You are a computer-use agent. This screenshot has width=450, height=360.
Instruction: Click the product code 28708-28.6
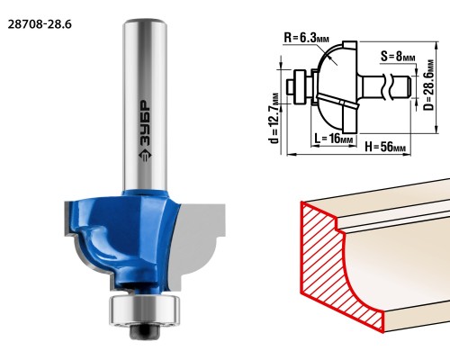point(40,24)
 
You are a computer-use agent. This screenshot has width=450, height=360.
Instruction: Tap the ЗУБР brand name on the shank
point(146,123)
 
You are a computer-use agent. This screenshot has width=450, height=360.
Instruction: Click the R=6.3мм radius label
point(306,38)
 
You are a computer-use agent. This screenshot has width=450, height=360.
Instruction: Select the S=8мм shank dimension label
point(398,56)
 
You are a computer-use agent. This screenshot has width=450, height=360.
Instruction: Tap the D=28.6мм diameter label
point(429,85)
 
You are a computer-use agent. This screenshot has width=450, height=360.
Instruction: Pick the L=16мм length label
point(334,139)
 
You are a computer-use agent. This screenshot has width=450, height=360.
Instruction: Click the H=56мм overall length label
point(385,147)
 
